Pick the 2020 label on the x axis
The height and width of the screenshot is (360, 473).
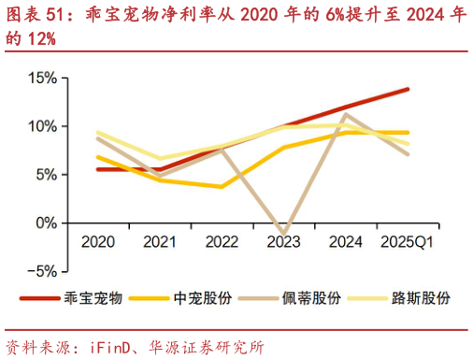[98, 242]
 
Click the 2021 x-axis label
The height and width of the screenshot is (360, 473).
[160, 242]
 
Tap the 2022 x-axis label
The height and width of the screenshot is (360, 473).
[222, 242]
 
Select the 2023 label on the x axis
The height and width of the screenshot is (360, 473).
[284, 242]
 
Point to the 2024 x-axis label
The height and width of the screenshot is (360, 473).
[346, 242]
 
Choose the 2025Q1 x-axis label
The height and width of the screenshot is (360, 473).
[408, 242]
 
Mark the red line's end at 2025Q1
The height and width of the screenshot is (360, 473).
[408, 89]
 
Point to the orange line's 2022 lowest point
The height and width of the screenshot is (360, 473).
[222, 187]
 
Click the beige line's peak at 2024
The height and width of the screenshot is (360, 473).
[346, 114]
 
